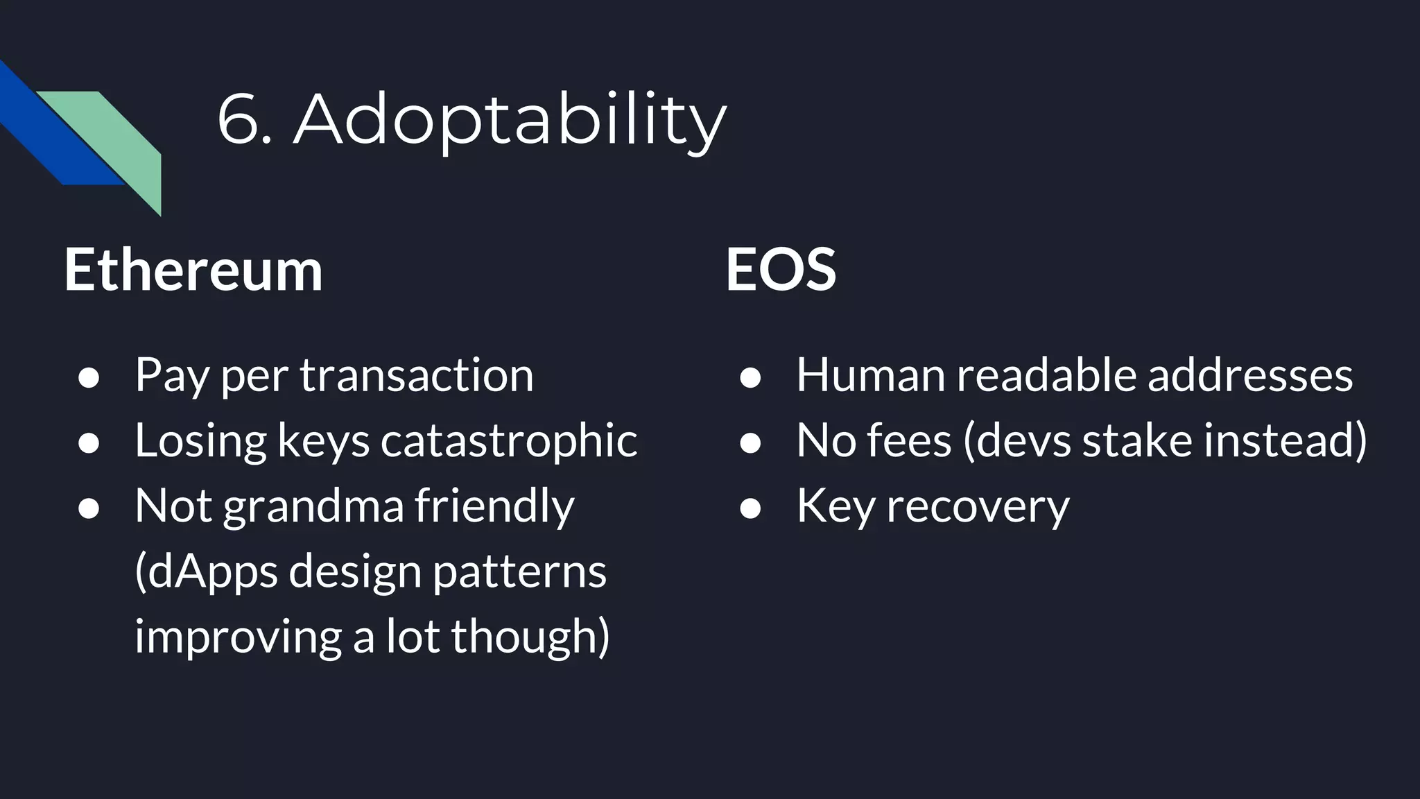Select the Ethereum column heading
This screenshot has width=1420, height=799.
(x=193, y=270)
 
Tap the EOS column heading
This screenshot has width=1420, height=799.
(x=781, y=270)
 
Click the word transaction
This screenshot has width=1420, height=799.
(x=417, y=375)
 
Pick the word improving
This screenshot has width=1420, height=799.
(x=237, y=636)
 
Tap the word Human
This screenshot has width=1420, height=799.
(x=869, y=375)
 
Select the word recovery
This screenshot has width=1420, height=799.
(x=978, y=506)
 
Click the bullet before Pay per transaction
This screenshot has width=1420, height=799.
(x=89, y=378)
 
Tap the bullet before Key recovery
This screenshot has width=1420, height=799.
(x=750, y=508)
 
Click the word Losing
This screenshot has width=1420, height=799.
(x=200, y=440)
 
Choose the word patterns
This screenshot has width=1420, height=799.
(x=520, y=572)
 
